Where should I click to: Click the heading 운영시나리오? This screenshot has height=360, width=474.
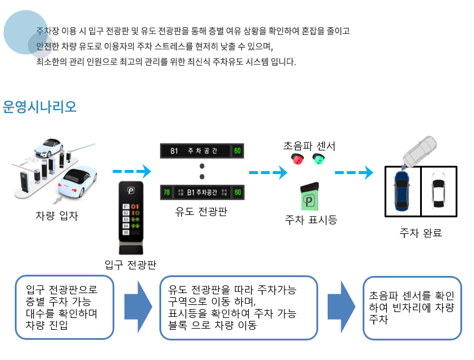coord(40,107)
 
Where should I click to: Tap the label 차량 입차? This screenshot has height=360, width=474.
coord(57,216)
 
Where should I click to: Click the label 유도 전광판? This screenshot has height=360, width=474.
coord(201,210)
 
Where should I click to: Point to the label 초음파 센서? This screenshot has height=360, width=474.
coord(309,146)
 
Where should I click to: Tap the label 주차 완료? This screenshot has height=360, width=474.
coord(421,233)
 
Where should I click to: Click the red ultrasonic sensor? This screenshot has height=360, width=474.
coord(297,159)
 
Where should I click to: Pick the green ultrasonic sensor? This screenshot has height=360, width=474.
coord(319,159)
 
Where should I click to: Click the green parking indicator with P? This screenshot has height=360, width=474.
coord(310,199)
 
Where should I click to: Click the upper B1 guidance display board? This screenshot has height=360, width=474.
coord(201,151)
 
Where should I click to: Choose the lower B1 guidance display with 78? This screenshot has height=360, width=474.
coord(201,192)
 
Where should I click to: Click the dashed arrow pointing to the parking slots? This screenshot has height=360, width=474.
coord(354,173)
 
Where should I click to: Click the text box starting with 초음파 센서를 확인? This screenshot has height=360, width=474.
coord(412,307)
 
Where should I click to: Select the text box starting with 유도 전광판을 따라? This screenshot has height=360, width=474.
coord(239,307)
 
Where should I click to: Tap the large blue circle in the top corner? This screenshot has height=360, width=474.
coord(25,32)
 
